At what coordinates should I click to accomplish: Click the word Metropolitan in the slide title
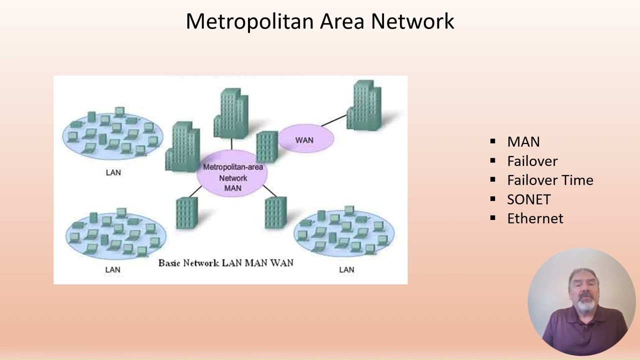(250, 21)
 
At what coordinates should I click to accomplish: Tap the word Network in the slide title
(412, 21)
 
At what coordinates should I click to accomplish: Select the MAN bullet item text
(523, 141)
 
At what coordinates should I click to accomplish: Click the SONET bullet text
(529, 199)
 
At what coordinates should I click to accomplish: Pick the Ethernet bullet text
(535, 218)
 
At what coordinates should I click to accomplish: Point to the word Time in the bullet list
(577, 180)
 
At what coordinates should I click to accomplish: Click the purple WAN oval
(306, 138)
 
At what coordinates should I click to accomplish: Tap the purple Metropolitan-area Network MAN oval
(232, 173)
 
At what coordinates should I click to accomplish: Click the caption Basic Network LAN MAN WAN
(225, 263)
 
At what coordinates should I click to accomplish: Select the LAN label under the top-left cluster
(113, 172)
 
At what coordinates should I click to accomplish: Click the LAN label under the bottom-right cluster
(346, 269)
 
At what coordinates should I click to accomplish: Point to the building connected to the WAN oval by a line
(364, 105)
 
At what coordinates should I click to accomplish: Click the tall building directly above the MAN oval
(231, 113)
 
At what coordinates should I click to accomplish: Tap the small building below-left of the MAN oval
(187, 213)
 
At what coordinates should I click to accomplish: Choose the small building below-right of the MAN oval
(275, 212)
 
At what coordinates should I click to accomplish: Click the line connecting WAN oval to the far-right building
(334, 120)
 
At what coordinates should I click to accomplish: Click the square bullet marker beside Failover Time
(492, 179)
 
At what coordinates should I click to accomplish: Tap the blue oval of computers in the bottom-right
(344, 233)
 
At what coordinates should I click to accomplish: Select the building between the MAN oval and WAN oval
(267, 146)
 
